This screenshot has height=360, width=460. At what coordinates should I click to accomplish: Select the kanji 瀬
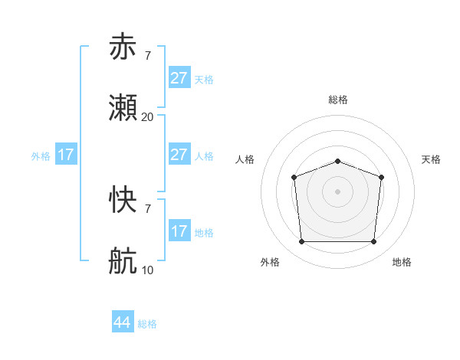[x=123, y=109]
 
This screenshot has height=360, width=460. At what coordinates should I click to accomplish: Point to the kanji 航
[x=123, y=262]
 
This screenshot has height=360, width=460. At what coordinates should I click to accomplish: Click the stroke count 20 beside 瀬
[x=147, y=117]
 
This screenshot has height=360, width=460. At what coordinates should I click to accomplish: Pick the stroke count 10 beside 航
[x=147, y=270]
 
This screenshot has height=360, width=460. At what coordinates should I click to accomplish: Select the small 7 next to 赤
[x=147, y=56]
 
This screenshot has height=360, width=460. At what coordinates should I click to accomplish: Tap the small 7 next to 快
[x=147, y=208]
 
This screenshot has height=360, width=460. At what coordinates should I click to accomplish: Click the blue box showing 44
[x=123, y=322]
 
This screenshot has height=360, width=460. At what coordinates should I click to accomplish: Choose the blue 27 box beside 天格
[x=179, y=78]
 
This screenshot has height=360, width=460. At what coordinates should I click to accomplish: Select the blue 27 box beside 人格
[x=179, y=155]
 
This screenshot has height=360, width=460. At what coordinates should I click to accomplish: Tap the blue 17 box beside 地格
[x=179, y=231]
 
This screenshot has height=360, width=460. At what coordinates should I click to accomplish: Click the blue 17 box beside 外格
[x=66, y=155]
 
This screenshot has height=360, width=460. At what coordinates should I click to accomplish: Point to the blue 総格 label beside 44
[x=147, y=324]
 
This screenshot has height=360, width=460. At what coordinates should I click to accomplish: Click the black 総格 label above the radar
[x=337, y=100]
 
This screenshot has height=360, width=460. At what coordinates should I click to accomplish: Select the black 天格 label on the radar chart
[x=431, y=159]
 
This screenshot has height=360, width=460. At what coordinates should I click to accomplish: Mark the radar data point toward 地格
[x=373, y=242]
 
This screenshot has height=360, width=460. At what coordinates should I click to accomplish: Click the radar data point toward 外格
[x=301, y=242]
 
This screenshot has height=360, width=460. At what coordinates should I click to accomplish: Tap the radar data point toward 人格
[x=294, y=178]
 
